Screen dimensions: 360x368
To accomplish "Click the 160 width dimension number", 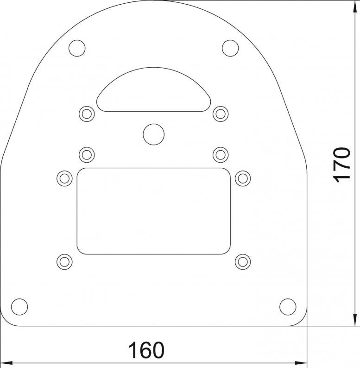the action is point(146,350).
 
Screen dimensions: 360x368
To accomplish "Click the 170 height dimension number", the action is point(341,165).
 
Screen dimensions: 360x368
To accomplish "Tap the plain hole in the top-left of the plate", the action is point(77,48).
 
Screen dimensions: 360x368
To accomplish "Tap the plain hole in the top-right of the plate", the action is point(230,48).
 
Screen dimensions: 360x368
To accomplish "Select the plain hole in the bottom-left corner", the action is point(19,307).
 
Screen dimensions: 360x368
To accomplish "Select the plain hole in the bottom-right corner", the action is point(288,307).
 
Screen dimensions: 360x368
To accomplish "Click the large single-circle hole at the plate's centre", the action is point(154,134).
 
